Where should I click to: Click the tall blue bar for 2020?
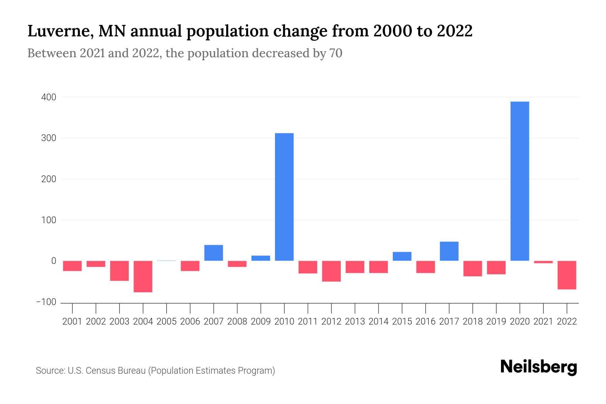coord(519,181)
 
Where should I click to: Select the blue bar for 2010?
coord(284,197)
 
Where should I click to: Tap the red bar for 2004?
coord(143,276)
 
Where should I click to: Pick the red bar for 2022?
coord(567,275)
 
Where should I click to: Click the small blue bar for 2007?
coord(213,253)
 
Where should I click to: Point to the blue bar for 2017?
coord(449,251)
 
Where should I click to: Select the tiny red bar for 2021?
coord(543,262)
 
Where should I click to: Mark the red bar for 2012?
coord(331,271)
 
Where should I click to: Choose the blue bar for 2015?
coord(402,256)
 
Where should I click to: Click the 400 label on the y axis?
coord(49,97)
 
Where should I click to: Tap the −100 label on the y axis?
coord(46,302)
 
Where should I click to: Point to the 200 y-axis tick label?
coord(49,179)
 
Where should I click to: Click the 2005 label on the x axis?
coord(166,322)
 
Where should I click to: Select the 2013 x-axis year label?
coord(355,322)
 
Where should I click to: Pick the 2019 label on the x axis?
coord(496,322)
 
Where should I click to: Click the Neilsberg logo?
coord(539,367)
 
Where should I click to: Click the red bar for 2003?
coord(119,271)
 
